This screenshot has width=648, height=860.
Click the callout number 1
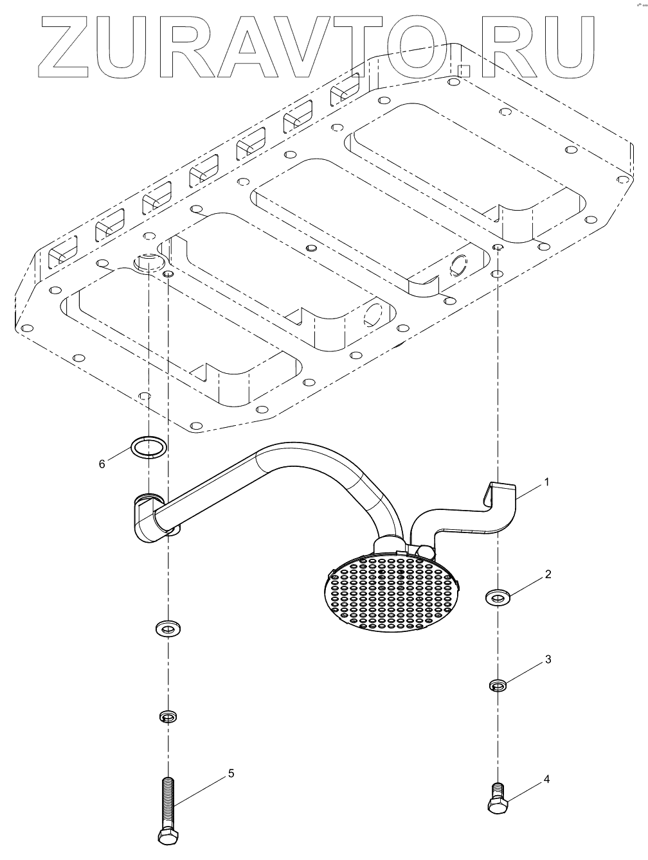pyautogui.click(x=547, y=482)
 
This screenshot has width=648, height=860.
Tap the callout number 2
pyautogui.click(x=548, y=574)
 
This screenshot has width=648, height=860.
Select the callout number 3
pyautogui.click(x=548, y=659)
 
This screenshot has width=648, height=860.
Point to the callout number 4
pyautogui.click(x=546, y=779)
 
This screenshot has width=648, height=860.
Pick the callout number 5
pyautogui.click(x=231, y=773)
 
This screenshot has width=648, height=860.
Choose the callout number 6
pyautogui.click(x=102, y=463)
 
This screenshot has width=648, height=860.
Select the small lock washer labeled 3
pyautogui.click(x=497, y=685)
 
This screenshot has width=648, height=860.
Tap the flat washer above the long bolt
pyautogui.click(x=168, y=627)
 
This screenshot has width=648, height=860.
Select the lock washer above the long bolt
pyautogui.click(x=168, y=715)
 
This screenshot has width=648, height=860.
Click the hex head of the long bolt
pyautogui.click(x=168, y=835)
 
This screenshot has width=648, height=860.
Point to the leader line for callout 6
pyautogui.click(x=119, y=455)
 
